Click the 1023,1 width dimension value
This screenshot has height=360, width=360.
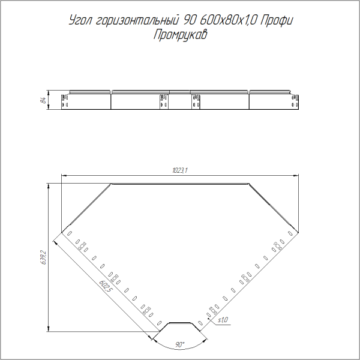click(x=180, y=170)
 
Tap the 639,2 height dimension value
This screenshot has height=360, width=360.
click(x=43, y=257)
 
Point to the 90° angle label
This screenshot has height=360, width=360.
click(x=180, y=344)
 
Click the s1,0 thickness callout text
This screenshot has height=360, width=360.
click(x=223, y=320)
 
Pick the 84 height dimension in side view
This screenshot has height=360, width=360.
click(x=43, y=100)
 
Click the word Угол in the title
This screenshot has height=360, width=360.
click(x=81, y=20)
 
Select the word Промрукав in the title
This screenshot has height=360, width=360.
click(x=180, y=35)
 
